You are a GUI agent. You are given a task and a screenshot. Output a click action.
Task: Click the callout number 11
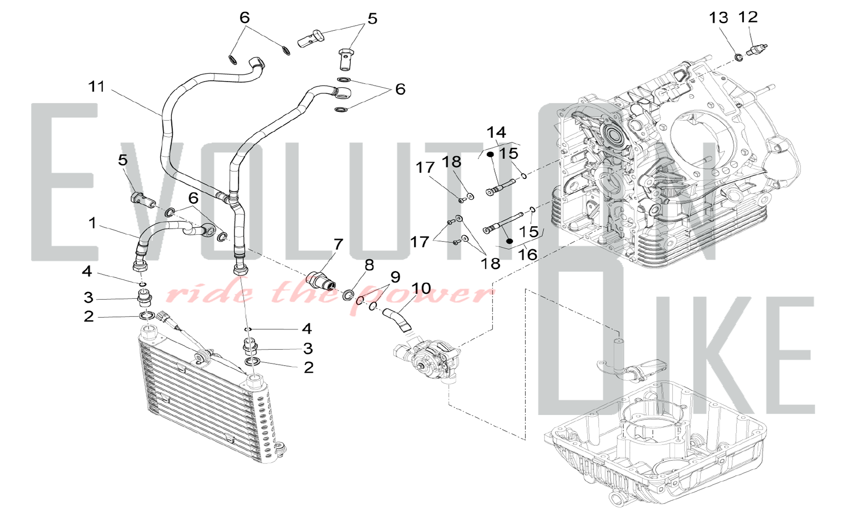tap(96, 87)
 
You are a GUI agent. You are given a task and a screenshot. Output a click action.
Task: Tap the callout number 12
tap(748, 17)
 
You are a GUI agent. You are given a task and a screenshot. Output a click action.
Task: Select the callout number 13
tap(718, 18)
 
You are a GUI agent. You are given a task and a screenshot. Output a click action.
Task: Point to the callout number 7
tap(338, 244)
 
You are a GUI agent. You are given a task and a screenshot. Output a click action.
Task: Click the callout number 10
tap(421, 289)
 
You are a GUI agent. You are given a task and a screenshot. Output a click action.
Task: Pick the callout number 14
tap(496, 133)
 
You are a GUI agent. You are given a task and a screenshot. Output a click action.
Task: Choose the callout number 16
tap(527, 255)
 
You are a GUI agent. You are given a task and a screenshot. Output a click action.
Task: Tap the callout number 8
tap(369, 266)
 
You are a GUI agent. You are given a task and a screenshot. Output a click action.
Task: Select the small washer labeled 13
tap(739, 57)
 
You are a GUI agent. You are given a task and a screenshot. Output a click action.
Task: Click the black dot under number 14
tap(490, 154)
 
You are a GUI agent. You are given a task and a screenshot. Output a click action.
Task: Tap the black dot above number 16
tap(509, 241)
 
